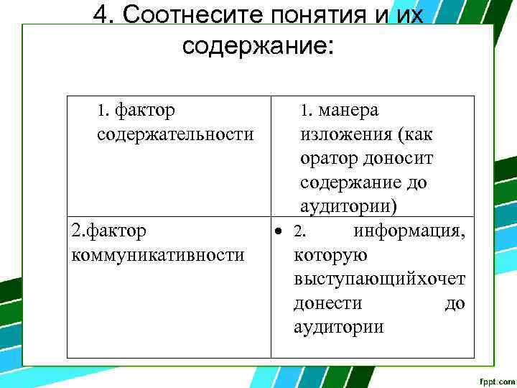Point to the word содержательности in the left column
[x=174, y=134]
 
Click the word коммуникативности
[x=158, y=255]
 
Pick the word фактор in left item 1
[x=145, y=111]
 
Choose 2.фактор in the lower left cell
[x=109, y=231]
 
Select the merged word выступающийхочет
[x=379, y=280]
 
